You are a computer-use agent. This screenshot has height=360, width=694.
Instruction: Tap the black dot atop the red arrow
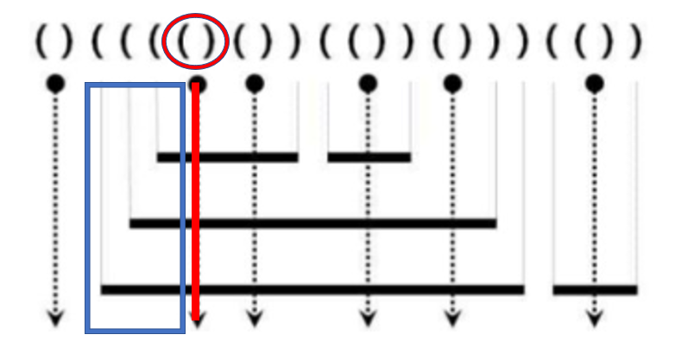pyautogui.click(x=197, y=84)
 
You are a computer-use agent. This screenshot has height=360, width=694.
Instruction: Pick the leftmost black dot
pyautogui.click(x=55, y=84)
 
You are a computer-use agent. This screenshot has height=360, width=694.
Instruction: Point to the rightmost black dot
pyautogui.click(x=593, y=84)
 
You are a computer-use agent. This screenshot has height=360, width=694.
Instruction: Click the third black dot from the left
pyautogui.click(x=254, y=84)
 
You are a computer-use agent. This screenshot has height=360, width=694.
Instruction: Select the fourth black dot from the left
pyautogui.click(x=368, y=84)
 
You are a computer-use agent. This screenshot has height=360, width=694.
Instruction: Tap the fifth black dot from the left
pyautogui.click(x=451, y=84)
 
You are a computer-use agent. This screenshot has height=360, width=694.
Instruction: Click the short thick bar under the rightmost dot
pyautogui.click(x=595, y=289)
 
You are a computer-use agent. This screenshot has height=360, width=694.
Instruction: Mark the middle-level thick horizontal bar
pyautogui.click(x=312, y=224)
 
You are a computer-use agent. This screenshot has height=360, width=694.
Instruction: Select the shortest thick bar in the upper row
pyautogui.click(x=369, y=157)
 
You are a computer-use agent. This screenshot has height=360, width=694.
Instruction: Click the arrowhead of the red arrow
pyautogui.click(x=197, y=321)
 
